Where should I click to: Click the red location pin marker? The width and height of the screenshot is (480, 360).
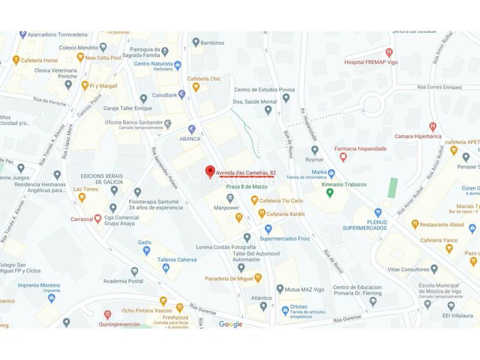click(209, 171)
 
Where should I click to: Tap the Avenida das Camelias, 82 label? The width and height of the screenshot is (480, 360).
click(246, 173)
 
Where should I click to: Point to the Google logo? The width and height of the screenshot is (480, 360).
click(230, 325)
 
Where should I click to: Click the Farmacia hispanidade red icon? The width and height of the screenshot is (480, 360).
click(343, 157)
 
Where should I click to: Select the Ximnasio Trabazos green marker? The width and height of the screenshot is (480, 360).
click(330, 192)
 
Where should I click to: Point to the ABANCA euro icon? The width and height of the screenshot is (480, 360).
click(192, 128)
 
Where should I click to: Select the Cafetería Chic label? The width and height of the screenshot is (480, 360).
click(204, 79)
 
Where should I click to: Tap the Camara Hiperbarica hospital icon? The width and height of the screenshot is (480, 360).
click(433, 126)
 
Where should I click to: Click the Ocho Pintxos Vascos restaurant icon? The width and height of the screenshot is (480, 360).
click(163, 301)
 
